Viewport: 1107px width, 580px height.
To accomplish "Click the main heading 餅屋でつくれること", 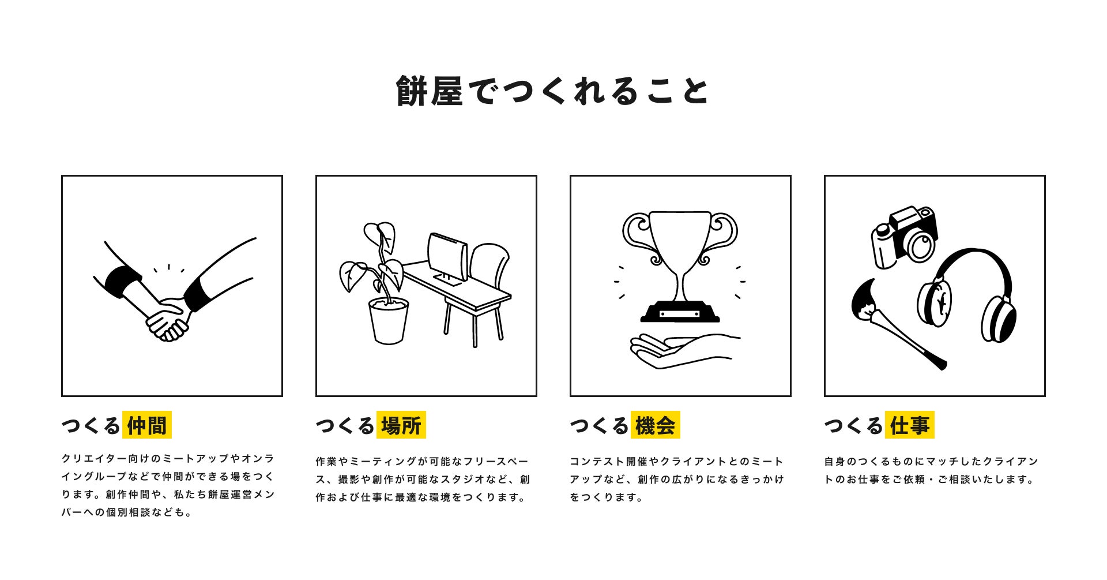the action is (552, 91).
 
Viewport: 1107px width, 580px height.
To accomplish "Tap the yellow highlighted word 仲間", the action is (147, 425).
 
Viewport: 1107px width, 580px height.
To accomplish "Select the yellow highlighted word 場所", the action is (401, 425).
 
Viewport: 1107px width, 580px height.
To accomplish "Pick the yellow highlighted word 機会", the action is (656, 425).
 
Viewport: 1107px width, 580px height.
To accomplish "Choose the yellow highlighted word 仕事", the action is (910, 425).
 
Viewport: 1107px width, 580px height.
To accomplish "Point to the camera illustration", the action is (904, 237).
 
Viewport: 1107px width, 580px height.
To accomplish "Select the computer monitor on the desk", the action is (447, 259).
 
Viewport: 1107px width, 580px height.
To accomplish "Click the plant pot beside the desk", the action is (389, 321).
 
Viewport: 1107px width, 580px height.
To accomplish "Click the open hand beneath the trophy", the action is (684, 351).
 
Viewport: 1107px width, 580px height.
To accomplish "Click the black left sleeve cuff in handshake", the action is (123, 281).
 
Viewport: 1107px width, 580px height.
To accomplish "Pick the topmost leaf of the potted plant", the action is (379, 236).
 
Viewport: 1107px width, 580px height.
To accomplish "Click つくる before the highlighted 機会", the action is (599, 426).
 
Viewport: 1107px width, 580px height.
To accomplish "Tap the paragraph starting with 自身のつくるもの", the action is (931, 470).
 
